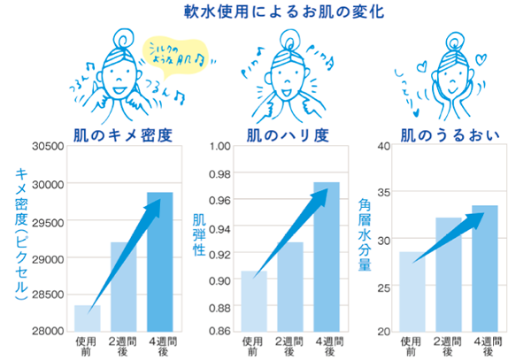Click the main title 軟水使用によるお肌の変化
265,12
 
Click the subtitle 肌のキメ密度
121,134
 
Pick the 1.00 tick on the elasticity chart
218,146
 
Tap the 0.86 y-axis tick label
218,331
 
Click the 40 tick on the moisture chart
385,146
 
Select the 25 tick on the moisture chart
385,286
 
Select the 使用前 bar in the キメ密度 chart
87,318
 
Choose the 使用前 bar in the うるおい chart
412,292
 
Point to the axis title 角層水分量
366,232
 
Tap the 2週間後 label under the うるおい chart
448,346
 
